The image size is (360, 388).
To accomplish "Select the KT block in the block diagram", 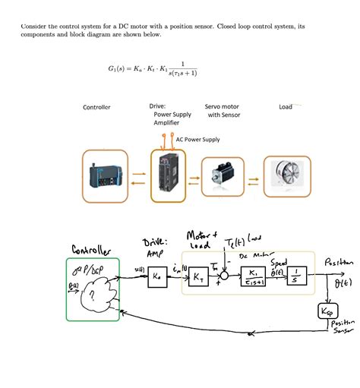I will click(197, 278).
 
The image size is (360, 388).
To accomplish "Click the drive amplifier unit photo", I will click(169, 176).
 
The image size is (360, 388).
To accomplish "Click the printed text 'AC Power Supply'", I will click(197, 140).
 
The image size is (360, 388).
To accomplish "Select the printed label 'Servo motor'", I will click(222, 107).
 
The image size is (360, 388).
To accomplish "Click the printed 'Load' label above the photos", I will click(286, 107).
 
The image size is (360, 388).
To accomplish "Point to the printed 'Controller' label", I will click(96, 107).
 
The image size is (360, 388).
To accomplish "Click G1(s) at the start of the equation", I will click(120, 68).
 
